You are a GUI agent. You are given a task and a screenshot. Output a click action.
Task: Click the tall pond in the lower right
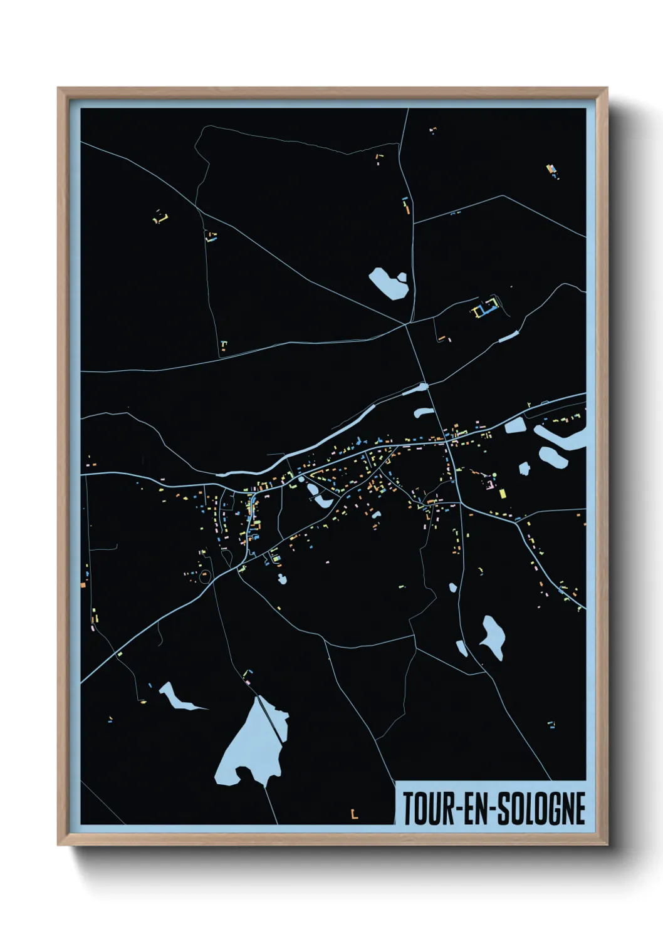click(494, 636)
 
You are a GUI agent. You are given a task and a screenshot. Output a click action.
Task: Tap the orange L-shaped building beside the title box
click(354, 814)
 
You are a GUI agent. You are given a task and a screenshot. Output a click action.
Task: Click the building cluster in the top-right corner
click(551, 170)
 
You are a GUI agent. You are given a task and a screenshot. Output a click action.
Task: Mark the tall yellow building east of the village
click(503, 493)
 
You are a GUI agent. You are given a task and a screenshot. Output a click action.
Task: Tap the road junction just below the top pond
click(407, 324)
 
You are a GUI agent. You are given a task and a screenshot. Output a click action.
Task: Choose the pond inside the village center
click(321, 499)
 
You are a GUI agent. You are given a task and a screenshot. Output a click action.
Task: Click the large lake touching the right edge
click(564, 438)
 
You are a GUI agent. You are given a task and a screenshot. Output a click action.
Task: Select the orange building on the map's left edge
click(83, 584)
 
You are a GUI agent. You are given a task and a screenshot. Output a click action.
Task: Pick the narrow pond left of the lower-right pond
click(462, 648)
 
